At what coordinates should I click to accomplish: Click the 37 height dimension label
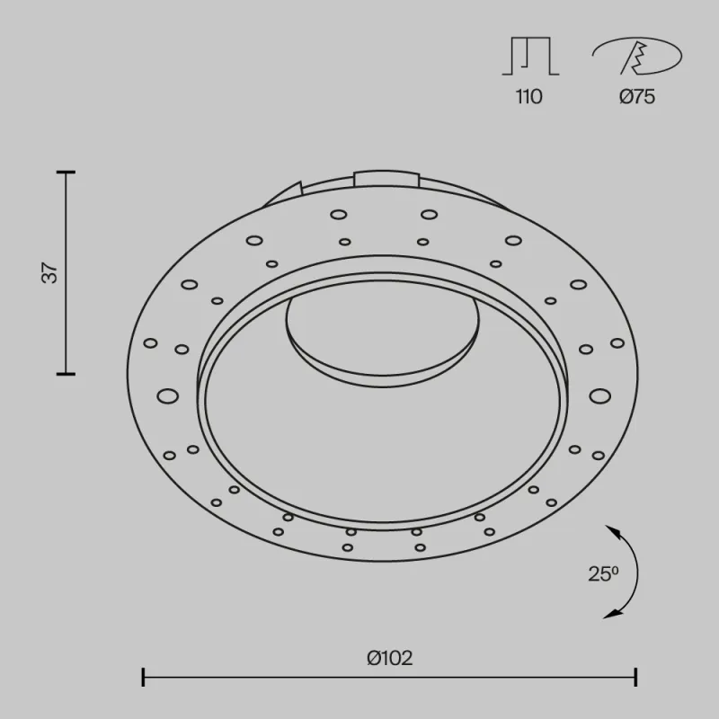[x=52, y=272]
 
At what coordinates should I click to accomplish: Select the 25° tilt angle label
[x=603, y=573]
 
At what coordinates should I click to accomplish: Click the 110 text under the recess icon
[x=529, y=97]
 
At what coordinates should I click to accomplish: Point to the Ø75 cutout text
[x=636, y=97]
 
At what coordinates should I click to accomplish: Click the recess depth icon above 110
[x=530, y=57]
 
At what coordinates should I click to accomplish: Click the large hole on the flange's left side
[x=167, y=395]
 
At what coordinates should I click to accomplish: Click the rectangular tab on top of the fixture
[x=386, y=176]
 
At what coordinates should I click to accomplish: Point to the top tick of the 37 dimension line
[x=66, y=171]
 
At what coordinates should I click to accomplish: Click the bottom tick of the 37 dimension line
[x=66, y=373]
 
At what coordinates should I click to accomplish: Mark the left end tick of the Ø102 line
[x=143, y=676]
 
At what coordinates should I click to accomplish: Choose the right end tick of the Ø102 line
[x=636, y=676]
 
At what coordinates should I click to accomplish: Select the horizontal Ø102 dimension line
[x=389, y=676]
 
